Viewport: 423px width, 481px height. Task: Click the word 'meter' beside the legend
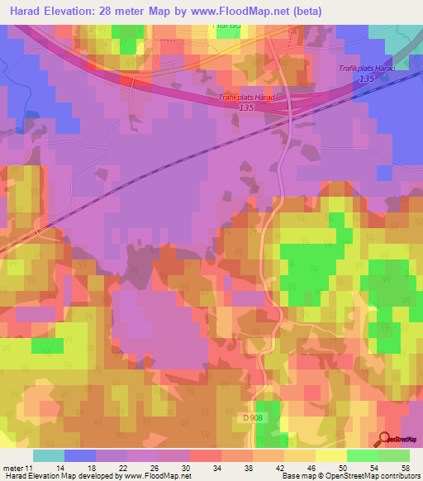[16, 467]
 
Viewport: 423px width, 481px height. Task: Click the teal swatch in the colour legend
[49, 455]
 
